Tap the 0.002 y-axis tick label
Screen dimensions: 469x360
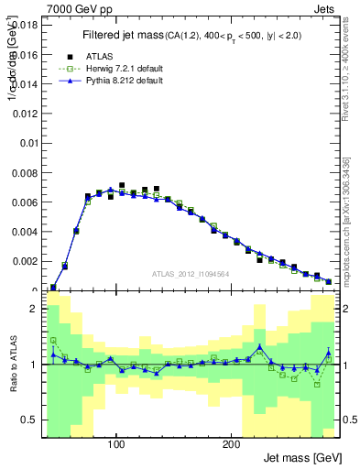25,261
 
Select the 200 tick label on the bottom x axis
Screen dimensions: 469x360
231,444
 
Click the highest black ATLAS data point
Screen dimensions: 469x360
122,186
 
